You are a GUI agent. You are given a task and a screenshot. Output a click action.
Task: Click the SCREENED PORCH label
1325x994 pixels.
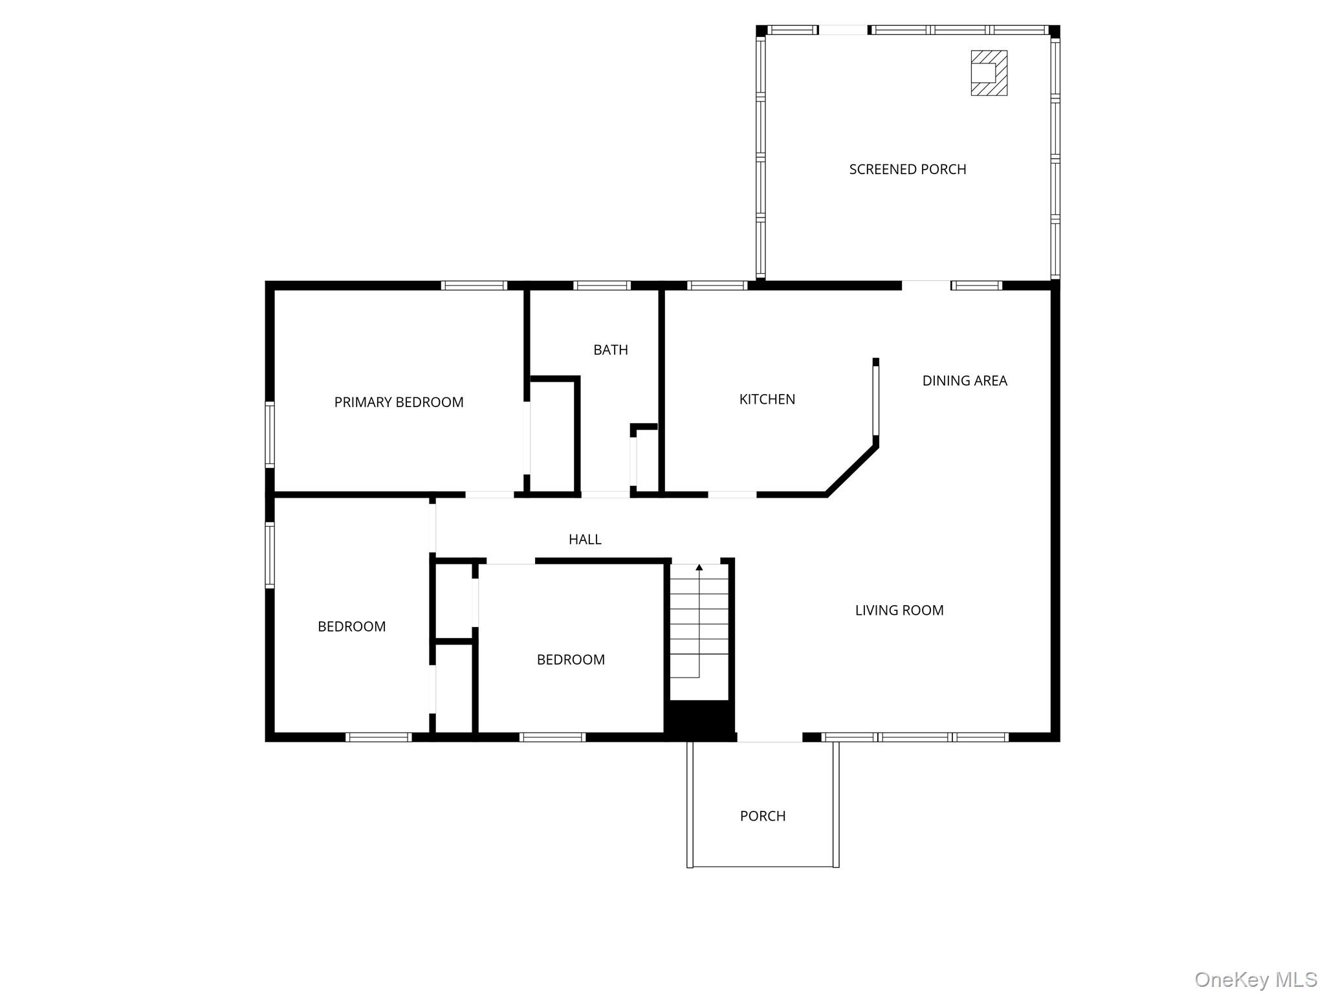907,170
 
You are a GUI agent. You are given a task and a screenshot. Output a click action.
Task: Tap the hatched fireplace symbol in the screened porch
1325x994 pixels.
989,73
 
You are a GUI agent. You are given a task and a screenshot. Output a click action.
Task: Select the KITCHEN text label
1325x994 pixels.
767,399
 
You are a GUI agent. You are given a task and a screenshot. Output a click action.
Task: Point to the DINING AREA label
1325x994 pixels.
964,381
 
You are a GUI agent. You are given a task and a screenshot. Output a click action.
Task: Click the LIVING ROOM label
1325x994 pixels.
899,610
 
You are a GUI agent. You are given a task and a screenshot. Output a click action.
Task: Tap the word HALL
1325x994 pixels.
584,539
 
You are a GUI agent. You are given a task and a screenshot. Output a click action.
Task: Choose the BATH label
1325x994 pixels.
610,350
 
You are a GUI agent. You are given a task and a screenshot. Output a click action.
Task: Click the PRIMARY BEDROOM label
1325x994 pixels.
399,403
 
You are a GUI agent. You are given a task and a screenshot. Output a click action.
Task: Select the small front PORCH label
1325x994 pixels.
762,816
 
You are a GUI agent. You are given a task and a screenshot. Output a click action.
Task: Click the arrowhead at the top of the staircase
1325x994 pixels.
699,568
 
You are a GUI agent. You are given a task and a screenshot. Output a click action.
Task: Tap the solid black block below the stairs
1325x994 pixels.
700,719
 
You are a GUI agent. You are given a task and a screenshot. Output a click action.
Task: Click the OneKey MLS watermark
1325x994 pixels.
1255,979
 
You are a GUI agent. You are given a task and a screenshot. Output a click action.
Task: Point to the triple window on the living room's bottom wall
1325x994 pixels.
915,737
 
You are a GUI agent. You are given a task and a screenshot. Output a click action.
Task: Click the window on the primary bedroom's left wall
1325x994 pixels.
270,434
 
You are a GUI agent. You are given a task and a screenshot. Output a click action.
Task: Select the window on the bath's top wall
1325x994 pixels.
602,285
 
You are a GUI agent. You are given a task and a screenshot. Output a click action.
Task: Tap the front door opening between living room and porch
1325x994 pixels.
769,738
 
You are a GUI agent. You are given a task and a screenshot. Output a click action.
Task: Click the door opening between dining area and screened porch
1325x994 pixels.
926,285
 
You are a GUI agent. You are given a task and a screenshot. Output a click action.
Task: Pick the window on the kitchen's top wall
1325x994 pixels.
717,285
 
